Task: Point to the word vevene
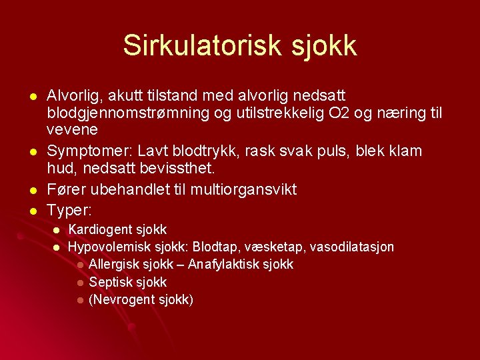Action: tap(72, 129)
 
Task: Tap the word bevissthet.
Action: tap(175, 167)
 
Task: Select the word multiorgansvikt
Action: tap(243, 189)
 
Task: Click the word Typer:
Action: tap(70, 210)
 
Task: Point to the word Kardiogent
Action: tap(99, 230)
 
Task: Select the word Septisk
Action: tap(109, 282)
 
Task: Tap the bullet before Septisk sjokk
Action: tap(80, 283)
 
